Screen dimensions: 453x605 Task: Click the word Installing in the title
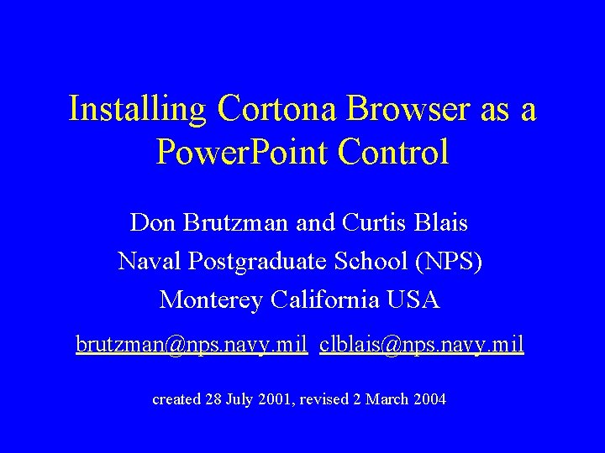pyautogui.click(x=138, y=109)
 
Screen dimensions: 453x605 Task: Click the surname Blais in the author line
pyautogui.click(x=441, y=223)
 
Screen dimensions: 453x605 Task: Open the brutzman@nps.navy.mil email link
pyautogui.click(x=192, y=344)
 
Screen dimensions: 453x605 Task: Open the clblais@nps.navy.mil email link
pyautogui.click(x=422, y=344)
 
